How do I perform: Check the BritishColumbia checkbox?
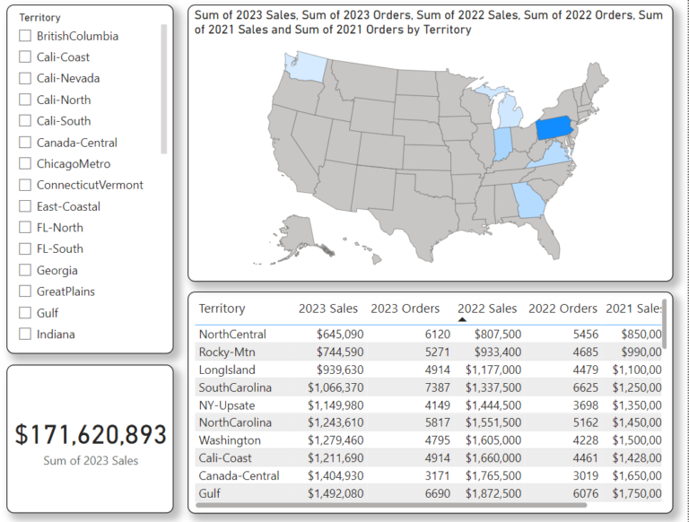tap(25, 36)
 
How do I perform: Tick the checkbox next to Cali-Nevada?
tap(25, 78)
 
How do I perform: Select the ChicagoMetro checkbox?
tap(25, 164)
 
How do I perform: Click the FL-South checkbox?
tap(25, 248)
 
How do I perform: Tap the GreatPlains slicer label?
tap(65, 291)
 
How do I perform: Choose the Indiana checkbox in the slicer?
tap(25, 335)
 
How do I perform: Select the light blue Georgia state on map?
tap(528, 201)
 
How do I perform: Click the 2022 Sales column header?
tap(487, 309)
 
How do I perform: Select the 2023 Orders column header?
tap(405, 309)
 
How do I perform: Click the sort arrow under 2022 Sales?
tap(462, 318)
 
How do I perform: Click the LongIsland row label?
tap(226, 370)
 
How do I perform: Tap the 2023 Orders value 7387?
tap(425, 387)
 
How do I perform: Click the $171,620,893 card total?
tap(91, 434)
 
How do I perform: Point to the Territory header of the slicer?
tap(39, 17)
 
